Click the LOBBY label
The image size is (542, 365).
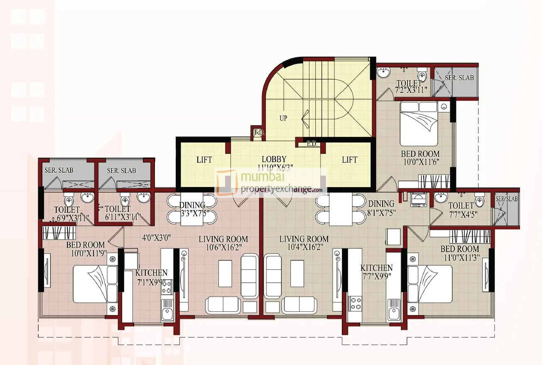(274, 159)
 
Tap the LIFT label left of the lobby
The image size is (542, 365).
(204, 160)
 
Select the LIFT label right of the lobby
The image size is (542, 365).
(349, 160)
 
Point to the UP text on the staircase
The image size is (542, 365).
(283, 118)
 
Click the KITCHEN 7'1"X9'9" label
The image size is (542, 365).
(151, 277)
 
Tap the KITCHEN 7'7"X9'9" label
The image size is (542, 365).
(376, 272)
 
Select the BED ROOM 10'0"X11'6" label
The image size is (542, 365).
(420, 158)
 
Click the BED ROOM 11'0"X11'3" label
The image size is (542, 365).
(460, 253)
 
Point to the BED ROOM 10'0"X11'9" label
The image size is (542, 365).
(86, 249)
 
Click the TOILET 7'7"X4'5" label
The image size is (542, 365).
(461, 210)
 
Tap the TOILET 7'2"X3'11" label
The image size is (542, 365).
(412, 87)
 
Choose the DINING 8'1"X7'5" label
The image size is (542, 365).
(381, 208)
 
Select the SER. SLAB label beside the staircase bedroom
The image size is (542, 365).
(459, 78)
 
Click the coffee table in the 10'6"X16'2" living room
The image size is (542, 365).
(225, 273)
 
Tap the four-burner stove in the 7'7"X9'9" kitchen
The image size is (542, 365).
(356, 303)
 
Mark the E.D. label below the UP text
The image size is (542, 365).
(259, 133)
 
